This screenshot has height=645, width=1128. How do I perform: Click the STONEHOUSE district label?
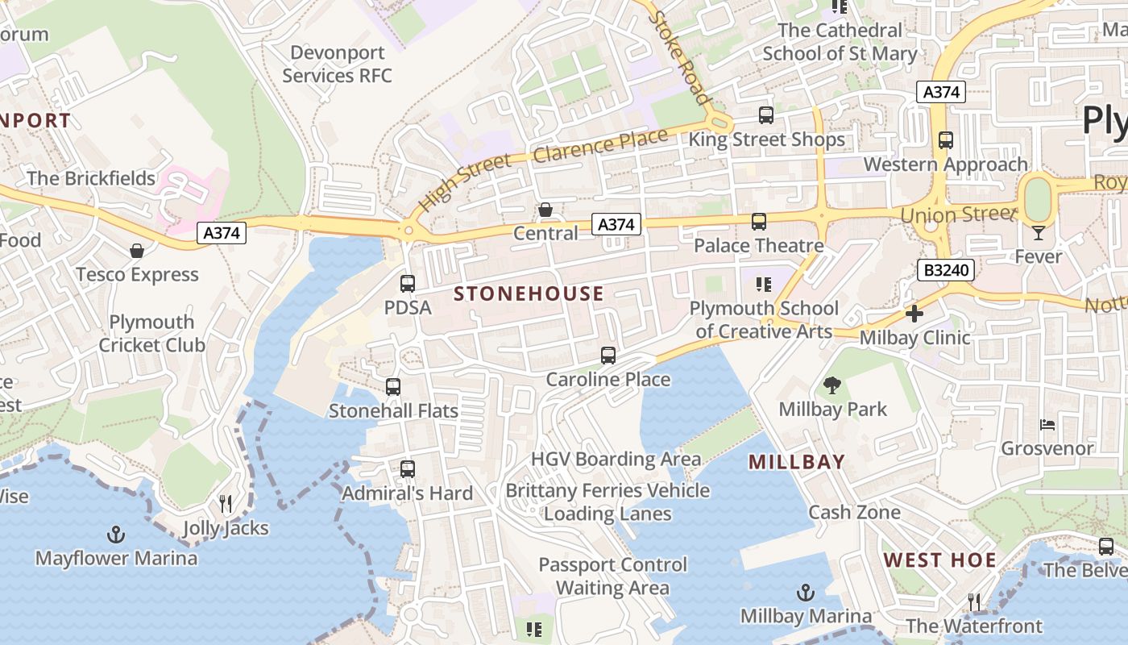tap(529, 294)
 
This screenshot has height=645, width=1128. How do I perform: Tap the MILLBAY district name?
tap(796, 462)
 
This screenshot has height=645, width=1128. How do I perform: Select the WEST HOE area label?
tap(939, 560)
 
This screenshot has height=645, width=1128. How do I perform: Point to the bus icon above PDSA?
tap(408, 284)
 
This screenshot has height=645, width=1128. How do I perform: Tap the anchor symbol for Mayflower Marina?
tap(116, 534)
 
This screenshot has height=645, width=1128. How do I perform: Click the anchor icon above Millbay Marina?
tap(805, 593)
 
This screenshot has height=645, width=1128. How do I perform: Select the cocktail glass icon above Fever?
tap(1038, 233)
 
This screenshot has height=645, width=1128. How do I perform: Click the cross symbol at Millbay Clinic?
tap(914, 314)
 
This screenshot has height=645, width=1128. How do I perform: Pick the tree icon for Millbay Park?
tap(832, 385)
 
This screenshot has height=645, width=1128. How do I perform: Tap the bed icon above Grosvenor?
tap(1047, 424)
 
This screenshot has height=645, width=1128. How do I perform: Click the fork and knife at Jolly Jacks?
tap(226, 504)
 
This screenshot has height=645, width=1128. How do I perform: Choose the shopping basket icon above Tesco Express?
tap(137, 251)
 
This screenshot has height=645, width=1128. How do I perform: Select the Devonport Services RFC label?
tap(337, 64)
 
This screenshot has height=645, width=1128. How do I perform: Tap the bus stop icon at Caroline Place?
tap(608, 356)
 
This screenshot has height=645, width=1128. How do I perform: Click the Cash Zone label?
tap(854, 512)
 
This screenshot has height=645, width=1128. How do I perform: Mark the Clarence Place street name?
tap(600, 144)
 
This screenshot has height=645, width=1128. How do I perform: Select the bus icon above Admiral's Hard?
tap(408, 468)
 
